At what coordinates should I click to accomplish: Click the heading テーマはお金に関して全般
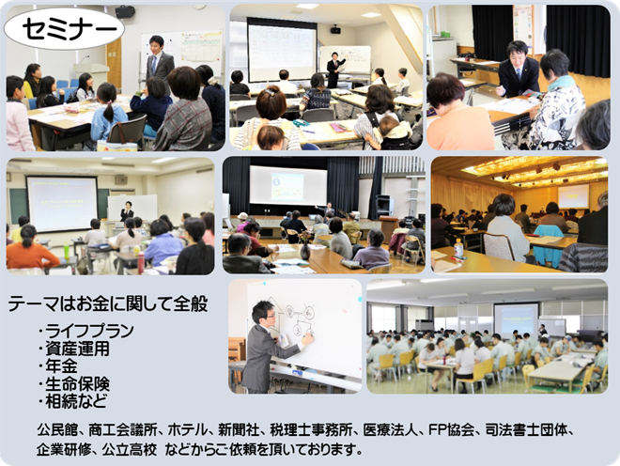point(108,304)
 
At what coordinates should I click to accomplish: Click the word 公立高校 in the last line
point(130,450)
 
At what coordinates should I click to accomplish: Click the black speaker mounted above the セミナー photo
point(125,12)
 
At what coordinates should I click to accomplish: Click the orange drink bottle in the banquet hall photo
point(458,249)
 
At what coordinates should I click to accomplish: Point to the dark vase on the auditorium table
point(305,251)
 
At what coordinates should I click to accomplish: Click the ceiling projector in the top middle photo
point(335,29)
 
